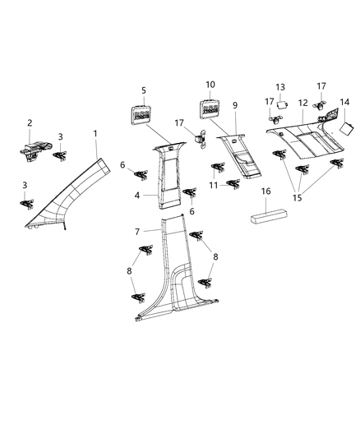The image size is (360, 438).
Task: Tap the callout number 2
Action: [x=30, y=123]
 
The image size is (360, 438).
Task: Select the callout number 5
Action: [x=143, y=90]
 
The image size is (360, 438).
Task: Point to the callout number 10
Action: [x=210, y=85]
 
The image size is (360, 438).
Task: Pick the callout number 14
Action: [x=344, y=102]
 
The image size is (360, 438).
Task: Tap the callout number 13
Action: [x=279, y=87]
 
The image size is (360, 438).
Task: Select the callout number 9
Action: [x=234, y=105]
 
